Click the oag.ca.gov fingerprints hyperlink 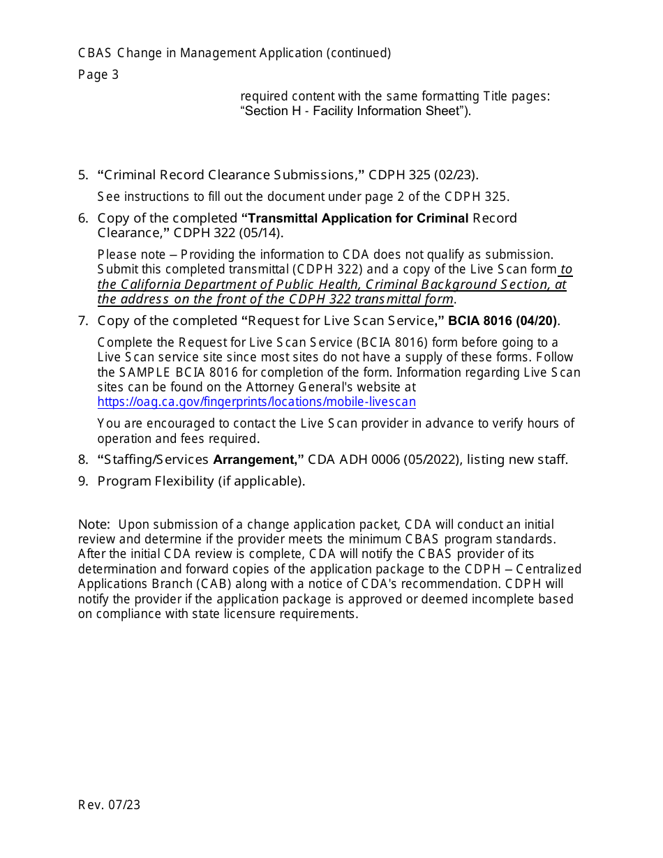tap(256, 402)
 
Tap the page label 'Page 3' tap(98, 75)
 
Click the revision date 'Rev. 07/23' tap(109, 805)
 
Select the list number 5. tap(82, 175)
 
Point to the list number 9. tap(82, 481)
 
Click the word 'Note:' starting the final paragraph tap(94, 525)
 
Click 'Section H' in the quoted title tap(270, 112)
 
